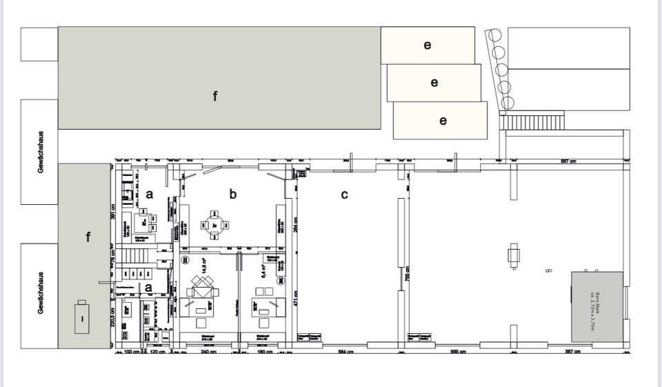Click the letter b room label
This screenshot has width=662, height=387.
coord(233,195)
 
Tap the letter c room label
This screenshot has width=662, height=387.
coord(345,195)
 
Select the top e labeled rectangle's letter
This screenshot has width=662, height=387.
coord(428,45)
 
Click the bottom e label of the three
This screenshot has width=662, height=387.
coord(443,120)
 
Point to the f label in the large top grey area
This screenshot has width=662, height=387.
coord(215,96)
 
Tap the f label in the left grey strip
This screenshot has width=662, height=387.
coord(88,237)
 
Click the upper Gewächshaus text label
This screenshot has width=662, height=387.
coord(41,152)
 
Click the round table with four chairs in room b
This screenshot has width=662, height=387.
coord(214,224)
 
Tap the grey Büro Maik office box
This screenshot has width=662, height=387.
coord(597,306)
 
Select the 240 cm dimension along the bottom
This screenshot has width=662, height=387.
coord(204,353)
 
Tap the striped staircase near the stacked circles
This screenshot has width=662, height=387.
coord(532,121)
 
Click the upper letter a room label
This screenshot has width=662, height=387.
coord(149,195)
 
